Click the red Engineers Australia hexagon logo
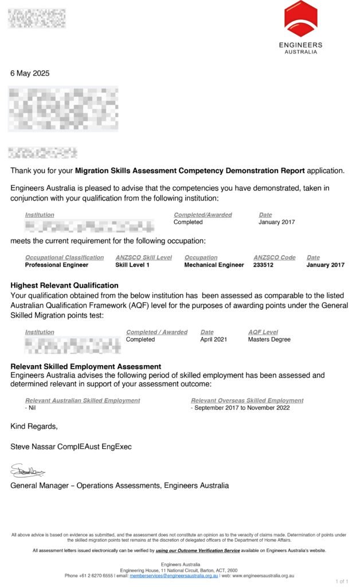(x=300, y=19)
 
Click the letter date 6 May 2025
(x=30, y=73)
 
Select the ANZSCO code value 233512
(x=267, y=265)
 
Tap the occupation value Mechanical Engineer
(x=214, y=265)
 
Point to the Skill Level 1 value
(x=132, y=265)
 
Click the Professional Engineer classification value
(x=57, y=265)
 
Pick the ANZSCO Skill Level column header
(x=143, y=257)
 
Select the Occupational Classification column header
(x=64, y=257)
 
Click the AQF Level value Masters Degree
(x=269, y=339)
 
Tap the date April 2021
(x=213, y=339)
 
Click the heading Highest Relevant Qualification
(x=64, y=285)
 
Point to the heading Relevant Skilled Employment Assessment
(x=86, y=366)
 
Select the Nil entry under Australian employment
(x=30, y=408)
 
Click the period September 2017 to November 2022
(x=240, y=408)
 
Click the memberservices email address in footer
(x=174, y=576)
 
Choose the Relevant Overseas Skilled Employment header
(x=247, y=401)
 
